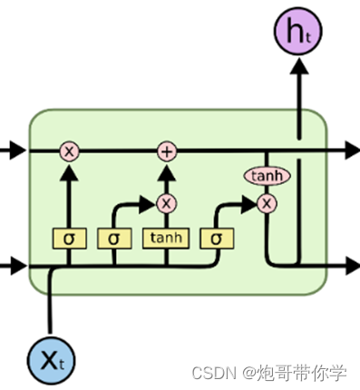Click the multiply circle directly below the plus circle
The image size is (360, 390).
click(x=166, y=202)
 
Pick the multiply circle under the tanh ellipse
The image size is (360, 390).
click(x=266, y=202)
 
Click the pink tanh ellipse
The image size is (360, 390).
click(x=266, y=175)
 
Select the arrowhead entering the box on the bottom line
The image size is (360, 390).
click(x=14, y=265)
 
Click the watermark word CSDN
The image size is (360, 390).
click(x=210, y=371)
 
